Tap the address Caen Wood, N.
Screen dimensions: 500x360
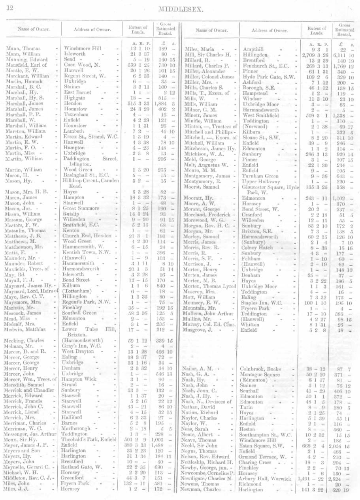tap(82, 65)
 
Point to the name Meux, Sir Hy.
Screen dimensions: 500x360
tap(22, 439)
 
